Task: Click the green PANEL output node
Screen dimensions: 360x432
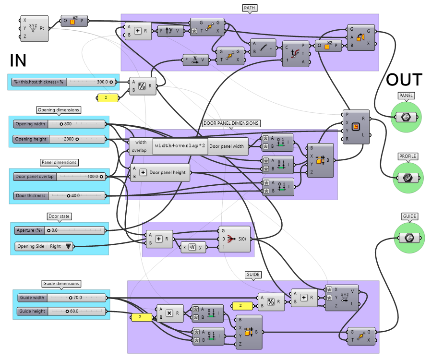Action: tap(406, 117)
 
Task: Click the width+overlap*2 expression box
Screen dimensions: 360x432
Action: tap(180, 146)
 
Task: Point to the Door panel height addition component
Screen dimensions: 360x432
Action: tap(160, 172)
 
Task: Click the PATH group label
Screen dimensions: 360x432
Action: tap(249, 9)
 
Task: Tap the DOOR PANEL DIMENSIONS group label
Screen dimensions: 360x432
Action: tap(231, 123)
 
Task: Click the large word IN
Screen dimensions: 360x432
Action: tap(18, 60)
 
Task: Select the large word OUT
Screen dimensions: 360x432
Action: tap(404, 80)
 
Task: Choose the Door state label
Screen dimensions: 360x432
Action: tap(59, 216)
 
